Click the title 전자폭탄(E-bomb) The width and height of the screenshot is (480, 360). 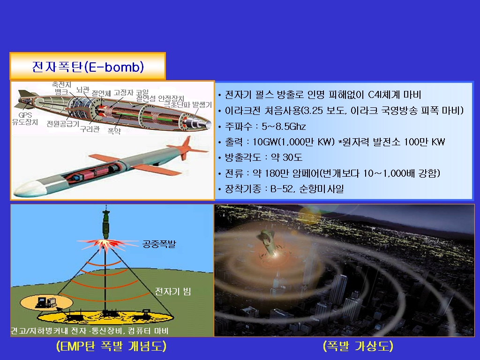tap(88, 67)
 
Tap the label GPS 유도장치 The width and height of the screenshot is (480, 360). tap(25, 119)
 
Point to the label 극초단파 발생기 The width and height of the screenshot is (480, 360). tap(187, 105)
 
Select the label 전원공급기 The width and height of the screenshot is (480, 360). tap(63, 124)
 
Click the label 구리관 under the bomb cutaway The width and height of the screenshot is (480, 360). tap(90, 129)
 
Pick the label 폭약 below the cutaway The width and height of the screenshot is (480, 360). tap(114, 131)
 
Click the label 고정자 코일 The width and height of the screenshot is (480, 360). tap(131, 92)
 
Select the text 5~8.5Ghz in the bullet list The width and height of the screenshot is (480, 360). tap(284, 127)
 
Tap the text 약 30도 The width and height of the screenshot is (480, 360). tap(286, 157)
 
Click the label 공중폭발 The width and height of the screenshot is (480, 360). tap(159, 244)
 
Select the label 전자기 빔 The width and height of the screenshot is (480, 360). tap(173, 291)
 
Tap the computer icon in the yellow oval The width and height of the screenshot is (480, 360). tap(46, 302)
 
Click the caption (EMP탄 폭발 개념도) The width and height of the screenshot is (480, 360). tap(112, 346)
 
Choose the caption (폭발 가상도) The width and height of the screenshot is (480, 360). tap(358, 346)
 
